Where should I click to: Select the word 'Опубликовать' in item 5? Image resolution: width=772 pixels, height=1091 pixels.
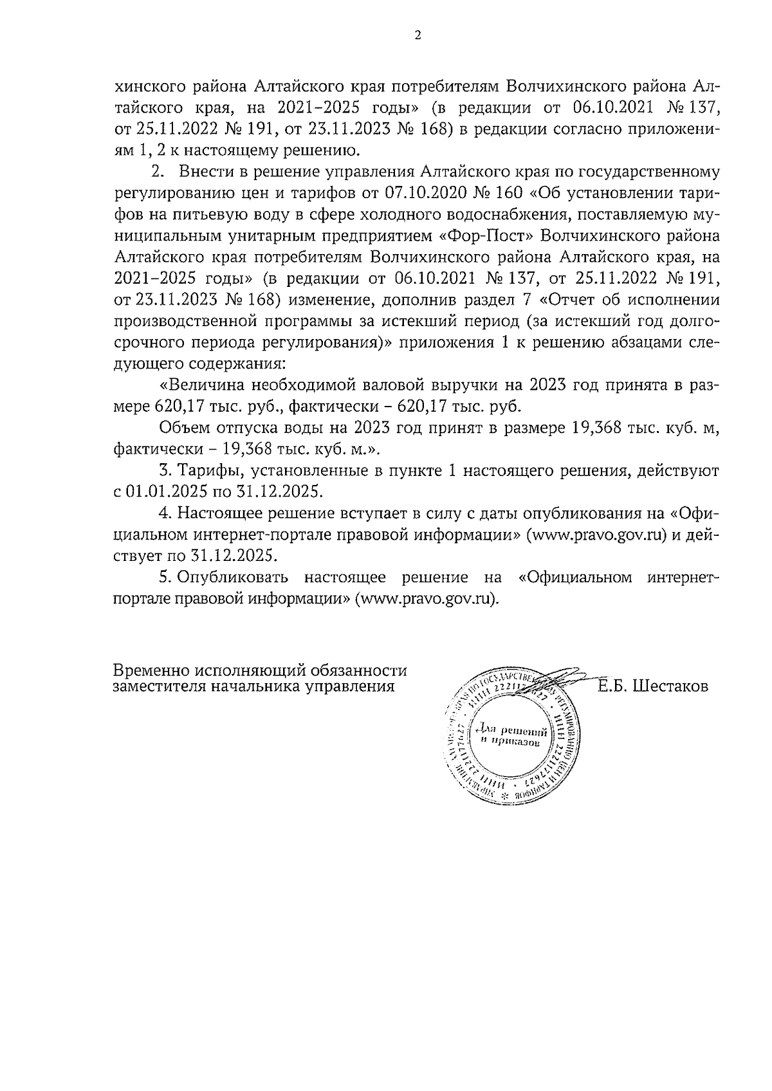(x=235, y=578)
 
